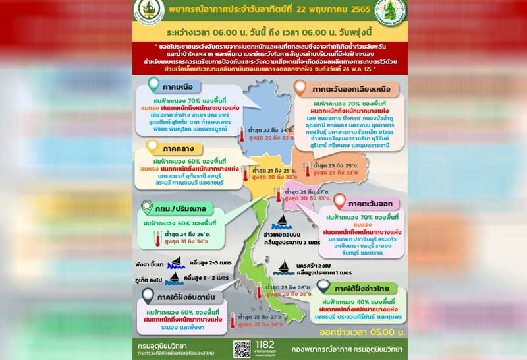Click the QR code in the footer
pos(242,349)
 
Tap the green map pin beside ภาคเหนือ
pos(153,85)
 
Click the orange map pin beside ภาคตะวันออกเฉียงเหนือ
pos(300,87)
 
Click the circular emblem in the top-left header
pos(144,9)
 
